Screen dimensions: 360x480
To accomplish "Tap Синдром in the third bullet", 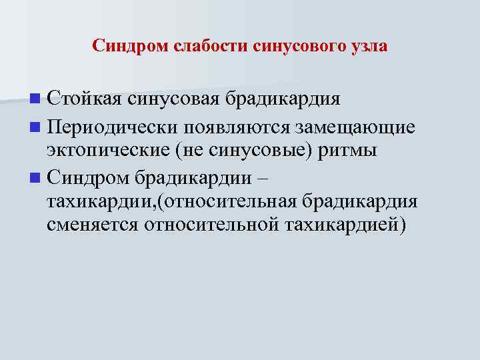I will [89, 177].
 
